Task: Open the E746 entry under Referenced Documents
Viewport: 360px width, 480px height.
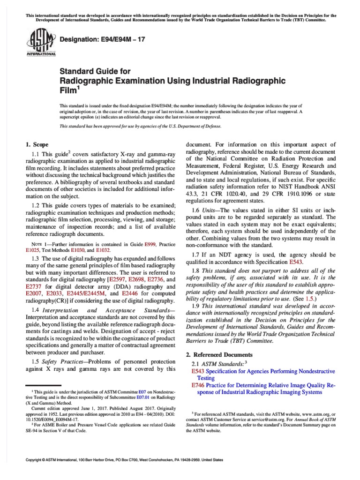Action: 197,385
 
